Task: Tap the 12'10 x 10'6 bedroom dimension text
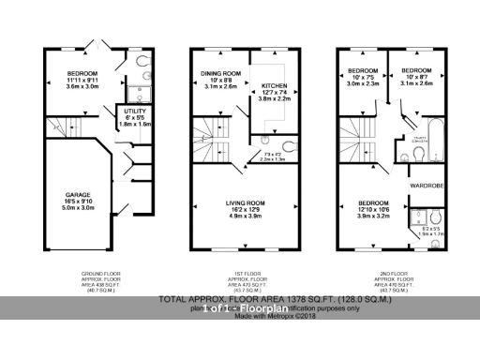[374, 208]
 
